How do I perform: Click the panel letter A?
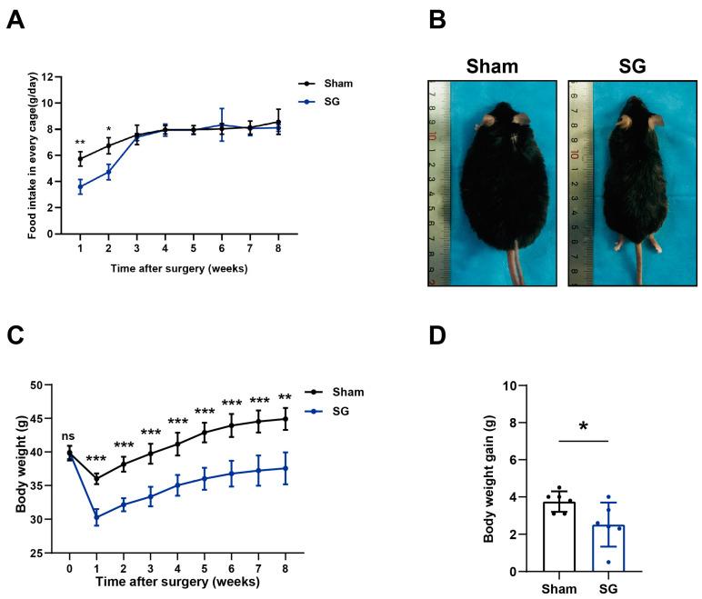coord(15,20)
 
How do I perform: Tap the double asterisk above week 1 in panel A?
coord(80,144)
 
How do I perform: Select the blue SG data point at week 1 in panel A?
coord(80,187)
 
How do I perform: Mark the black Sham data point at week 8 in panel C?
coord(286,419)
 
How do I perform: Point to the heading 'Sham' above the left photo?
coord(494,65)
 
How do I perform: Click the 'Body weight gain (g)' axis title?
coord(489,478)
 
